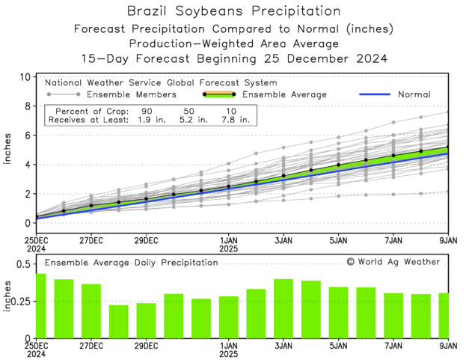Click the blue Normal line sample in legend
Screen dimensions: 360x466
point(378,95)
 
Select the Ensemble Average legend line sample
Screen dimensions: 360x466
point(218,95)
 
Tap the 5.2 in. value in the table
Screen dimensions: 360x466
point(190,119)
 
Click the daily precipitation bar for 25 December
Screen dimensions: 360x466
point(40,305)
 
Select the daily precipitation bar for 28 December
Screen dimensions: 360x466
point(118,321)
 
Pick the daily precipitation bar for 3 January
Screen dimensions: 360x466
point(283,308)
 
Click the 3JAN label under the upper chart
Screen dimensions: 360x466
point(284,241)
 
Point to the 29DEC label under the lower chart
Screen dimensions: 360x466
point(146,346)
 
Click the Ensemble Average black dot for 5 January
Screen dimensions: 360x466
point(338,165)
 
